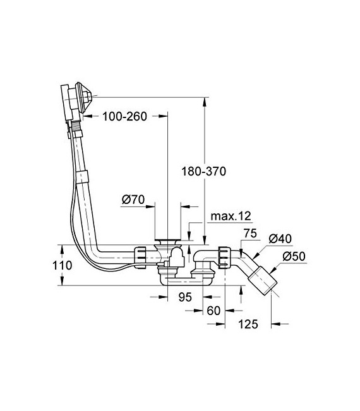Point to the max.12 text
(231, 217)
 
